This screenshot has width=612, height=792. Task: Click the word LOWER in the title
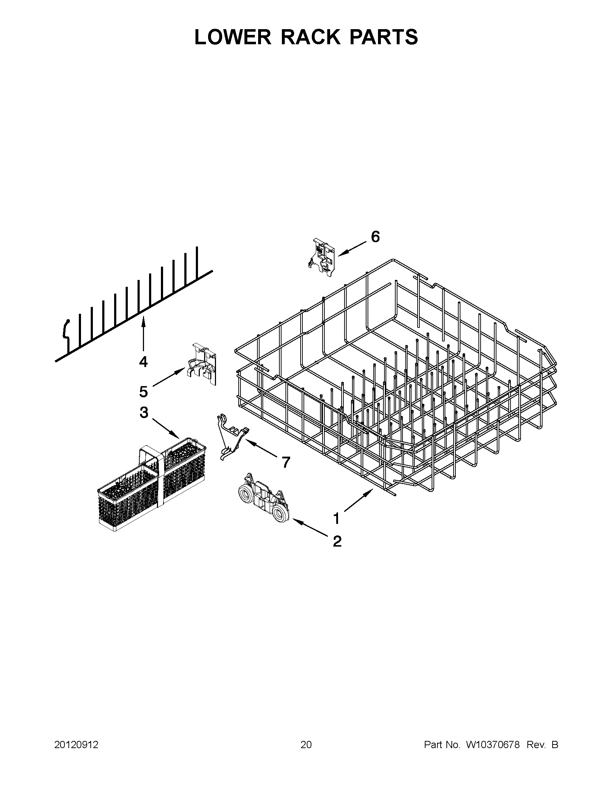(233, 37)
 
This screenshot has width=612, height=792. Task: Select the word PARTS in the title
(383, 37)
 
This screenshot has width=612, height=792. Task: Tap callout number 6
(375, 237)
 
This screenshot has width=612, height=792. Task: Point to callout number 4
(143, 362)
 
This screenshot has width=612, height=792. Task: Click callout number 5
(143, 392)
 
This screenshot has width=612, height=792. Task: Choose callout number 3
(144, 412)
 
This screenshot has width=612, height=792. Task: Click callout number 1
(337, 519)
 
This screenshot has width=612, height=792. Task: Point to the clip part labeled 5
(202, 364)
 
